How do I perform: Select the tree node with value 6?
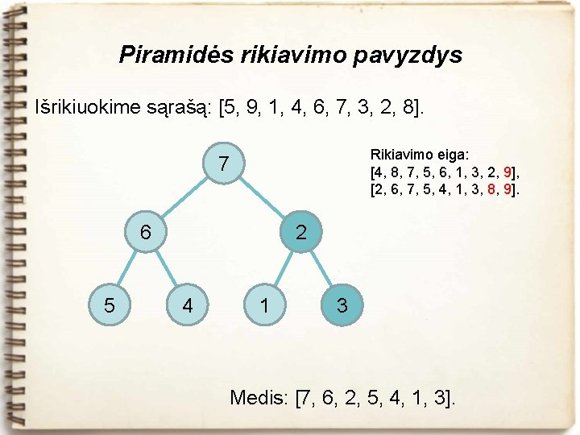pyautogui.click(x=146, y=232)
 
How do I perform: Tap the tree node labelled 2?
pyautogui.click(x=300, y=233)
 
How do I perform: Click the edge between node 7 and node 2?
pyautogui.click(x=263, y=199)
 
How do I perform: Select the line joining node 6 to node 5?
pyautogui.click(x=126, y=270)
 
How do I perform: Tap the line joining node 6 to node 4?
pyautogui.click(x=167, y=270)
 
